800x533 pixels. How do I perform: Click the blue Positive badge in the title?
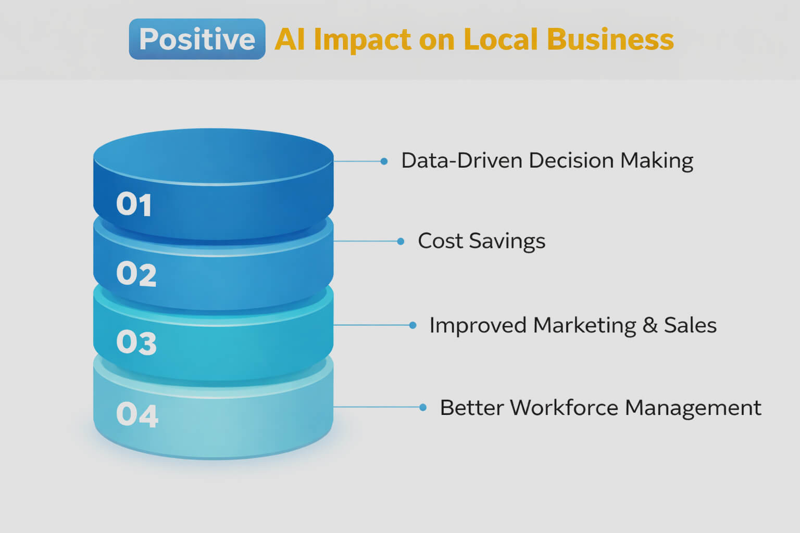[197, 39]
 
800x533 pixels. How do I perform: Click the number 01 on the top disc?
[134, 204]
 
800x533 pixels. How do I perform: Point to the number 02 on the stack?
[136, 274]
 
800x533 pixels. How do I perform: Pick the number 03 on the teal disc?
[136, 342]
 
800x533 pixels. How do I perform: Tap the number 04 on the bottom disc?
[137, 415]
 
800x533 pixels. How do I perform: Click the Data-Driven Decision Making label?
[547, 161]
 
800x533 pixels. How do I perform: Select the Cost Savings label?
[481, 241]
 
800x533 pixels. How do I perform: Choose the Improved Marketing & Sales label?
[573, 325]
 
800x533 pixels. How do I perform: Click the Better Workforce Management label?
[601, 408]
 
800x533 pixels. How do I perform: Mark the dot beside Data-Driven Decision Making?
[384, 161]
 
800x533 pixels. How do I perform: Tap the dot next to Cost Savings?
[401, 241]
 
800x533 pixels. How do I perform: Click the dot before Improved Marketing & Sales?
[413, 325]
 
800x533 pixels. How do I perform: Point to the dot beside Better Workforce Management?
[423, 407]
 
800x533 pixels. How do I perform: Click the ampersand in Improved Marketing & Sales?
[650, 325]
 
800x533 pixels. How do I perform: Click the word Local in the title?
[500, 39]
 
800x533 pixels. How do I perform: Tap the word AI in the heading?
[290, 39]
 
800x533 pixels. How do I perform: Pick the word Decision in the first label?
[571, 161]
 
